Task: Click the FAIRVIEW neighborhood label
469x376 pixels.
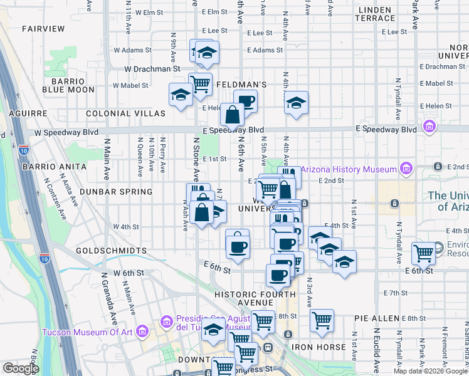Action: pos(43,29)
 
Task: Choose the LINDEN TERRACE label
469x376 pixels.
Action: pos(375,14)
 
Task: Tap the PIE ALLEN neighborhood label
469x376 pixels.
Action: pos(377,318)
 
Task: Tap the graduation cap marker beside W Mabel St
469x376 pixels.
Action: pos(181,95)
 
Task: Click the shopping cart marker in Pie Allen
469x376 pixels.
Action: pos(322,320)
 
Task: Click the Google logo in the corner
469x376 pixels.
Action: pos(21,368)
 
